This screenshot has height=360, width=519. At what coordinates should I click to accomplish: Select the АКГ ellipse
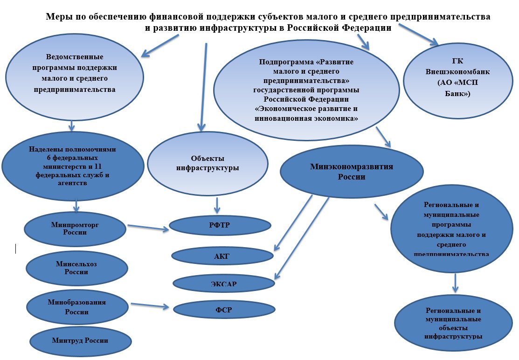(x=222, y=255)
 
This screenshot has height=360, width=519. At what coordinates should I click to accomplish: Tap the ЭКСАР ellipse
(x=223, y=284)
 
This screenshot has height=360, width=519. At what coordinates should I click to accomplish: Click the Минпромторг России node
(x=75, y=228)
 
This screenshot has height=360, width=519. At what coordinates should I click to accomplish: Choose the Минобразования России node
(x=77, y=306)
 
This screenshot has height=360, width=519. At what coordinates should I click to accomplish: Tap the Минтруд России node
(x=80, y=340)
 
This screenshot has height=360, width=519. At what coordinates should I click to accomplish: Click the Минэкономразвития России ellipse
(x=352, y=172)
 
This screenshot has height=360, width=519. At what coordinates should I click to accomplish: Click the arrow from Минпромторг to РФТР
(x=148, y=228)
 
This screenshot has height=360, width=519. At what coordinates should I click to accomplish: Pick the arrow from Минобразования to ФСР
(x=150, y=305)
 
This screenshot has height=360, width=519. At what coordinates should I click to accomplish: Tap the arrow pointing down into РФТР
(x=216, y=206)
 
